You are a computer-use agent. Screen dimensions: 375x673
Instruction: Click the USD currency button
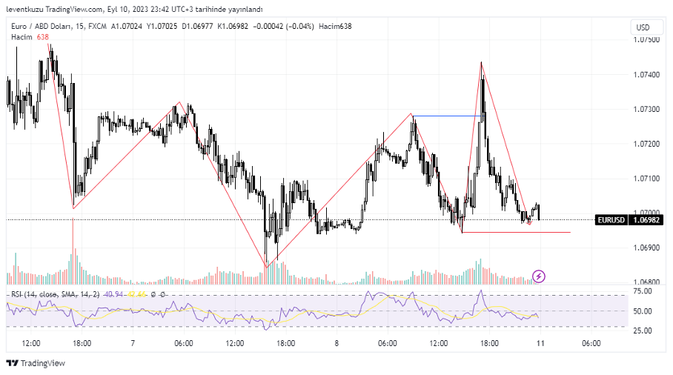click(641, 27)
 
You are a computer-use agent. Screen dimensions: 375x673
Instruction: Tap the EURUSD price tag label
click(611, 220)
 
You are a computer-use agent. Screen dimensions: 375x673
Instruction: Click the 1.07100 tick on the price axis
click(649, 179)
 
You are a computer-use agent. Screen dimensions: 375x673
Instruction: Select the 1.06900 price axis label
click(649, 248)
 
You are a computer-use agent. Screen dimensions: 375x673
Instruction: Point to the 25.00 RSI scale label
click(643, 329)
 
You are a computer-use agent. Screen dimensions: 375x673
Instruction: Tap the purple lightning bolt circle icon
click(540, 276)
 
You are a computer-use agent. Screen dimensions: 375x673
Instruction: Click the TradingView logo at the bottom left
click(36, 363)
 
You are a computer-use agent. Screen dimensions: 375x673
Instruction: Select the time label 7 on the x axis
click(133, 343)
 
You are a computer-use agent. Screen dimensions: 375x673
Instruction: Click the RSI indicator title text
click(52, 295)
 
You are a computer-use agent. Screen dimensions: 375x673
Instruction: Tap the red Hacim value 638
click(42, 37)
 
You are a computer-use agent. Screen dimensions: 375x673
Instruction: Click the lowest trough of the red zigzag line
click(265, 267)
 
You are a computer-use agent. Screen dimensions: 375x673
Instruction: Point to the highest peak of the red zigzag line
click(481, 62)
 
